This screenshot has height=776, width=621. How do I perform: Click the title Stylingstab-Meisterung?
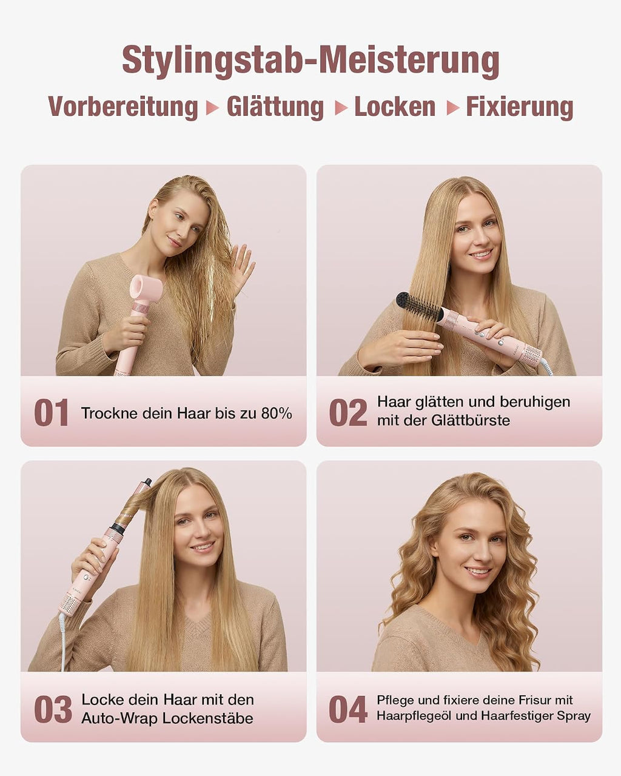(310, 61)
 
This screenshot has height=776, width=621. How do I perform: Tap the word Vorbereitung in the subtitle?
(123, 107)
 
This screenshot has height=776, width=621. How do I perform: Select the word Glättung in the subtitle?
(275, 107)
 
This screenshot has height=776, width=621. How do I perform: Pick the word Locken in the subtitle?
(395, 107)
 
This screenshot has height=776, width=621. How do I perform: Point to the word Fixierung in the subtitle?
(520, 107)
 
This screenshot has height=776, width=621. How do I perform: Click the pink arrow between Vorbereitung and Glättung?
(212, 108)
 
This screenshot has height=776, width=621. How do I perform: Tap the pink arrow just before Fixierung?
(453, 108)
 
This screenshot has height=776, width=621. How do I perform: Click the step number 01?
(51, 412)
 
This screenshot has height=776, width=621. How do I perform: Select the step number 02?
(348, 412)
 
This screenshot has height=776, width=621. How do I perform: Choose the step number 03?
(53, 709)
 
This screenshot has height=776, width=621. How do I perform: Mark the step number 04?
(348, 709)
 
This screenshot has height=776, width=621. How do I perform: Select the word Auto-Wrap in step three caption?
(120, 718)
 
